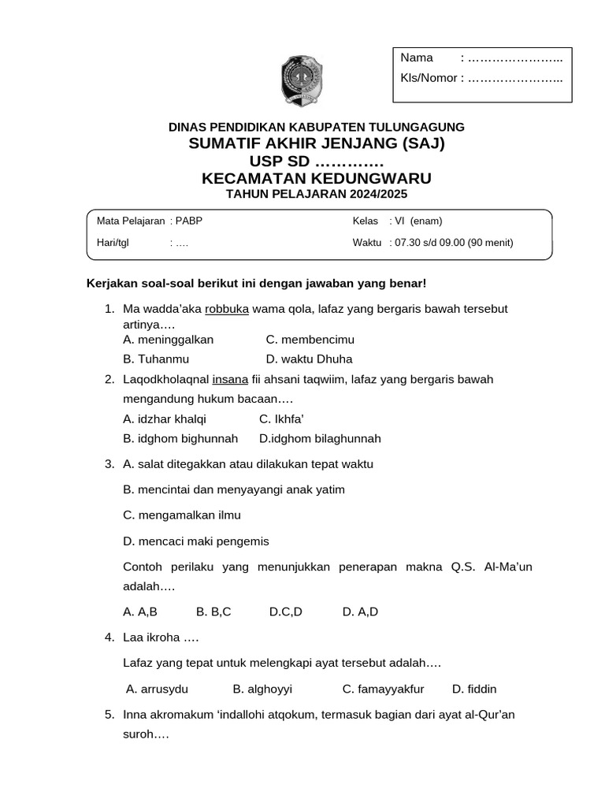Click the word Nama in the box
pos(417,58)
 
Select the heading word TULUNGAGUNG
pos(418,127)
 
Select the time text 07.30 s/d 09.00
pos(429,243)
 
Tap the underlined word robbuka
pos(227,309)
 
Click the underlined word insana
pos(230,379)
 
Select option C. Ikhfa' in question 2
pos(281,418)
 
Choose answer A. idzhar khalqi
pos(165,418)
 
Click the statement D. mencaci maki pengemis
pos(196,541)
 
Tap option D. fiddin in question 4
pos(474,689)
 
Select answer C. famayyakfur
pos(383,689)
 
